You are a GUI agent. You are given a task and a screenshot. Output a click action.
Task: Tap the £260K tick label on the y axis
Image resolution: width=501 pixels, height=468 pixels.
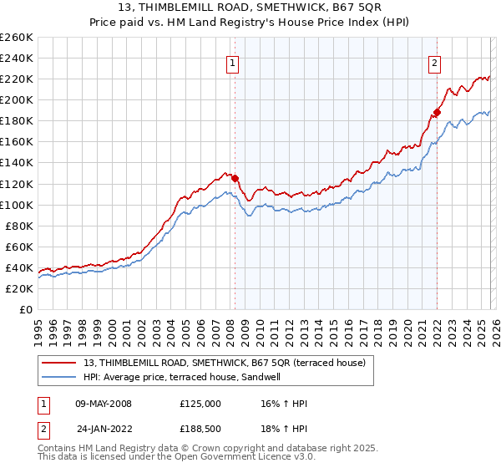coord(17,38)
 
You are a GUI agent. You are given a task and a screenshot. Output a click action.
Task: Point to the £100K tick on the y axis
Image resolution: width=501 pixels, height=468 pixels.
coord(17,205)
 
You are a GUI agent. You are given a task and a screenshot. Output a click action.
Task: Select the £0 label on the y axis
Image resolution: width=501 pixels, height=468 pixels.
coord(26,309)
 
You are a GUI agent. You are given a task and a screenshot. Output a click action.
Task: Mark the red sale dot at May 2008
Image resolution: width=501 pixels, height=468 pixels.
coord(235,178)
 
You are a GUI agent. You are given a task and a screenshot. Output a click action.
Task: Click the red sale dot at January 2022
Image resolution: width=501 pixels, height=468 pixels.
coord(437,112)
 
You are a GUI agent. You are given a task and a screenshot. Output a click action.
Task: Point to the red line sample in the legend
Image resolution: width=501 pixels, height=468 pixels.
coord(58,364)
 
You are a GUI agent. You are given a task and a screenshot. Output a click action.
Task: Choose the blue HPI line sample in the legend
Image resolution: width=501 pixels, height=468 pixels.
coord(58,378)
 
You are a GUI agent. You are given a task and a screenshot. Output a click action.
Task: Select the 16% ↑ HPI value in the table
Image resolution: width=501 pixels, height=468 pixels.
coord(284,404)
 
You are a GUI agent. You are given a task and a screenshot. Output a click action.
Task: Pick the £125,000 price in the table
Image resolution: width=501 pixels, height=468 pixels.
coord(200,404)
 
